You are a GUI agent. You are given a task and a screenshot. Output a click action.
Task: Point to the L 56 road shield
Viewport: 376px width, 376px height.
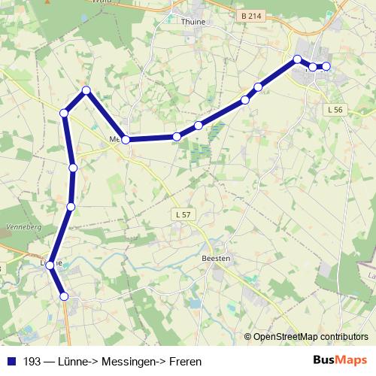[335, 110]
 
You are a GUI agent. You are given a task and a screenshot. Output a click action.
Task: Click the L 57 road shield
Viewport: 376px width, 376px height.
[183, 215]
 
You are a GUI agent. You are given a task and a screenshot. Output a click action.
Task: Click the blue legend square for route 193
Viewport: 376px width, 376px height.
[11, 361]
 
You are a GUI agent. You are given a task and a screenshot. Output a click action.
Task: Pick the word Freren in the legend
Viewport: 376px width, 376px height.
[185, 362]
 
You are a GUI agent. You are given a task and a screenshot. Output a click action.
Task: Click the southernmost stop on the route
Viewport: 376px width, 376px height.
[64, 297]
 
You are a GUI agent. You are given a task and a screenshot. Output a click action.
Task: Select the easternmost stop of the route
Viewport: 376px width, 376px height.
[326, 66]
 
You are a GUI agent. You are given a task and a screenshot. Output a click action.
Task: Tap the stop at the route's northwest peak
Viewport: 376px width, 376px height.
[86, 91]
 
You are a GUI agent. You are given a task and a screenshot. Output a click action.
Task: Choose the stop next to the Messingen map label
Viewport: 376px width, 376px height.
[126, 140]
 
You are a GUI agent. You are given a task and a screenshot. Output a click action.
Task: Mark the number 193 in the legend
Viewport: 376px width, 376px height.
[32, 362]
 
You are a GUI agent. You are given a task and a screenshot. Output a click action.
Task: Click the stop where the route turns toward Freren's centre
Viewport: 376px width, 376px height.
[297, 59]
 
